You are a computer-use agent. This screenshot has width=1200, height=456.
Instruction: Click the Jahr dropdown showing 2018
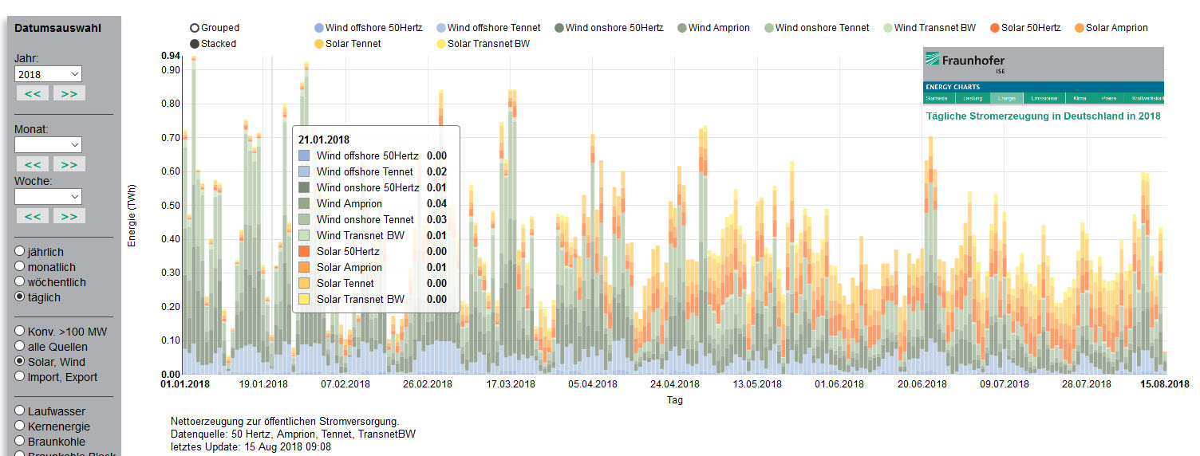tap(48, 74)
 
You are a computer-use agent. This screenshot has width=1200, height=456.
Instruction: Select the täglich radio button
tap(20, 297)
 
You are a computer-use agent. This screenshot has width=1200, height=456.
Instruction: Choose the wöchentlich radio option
tap(20, 282)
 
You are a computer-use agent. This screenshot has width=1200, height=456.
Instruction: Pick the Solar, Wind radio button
tap(20, 362)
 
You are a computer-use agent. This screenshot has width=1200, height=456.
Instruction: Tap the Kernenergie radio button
tap(20, 427)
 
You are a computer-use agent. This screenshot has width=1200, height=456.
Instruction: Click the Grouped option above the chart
tap(195, 28)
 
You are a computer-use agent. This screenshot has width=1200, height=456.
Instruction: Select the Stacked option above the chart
tap(195, 44)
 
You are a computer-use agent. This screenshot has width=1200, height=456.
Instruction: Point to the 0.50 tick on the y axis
tap(170, 205)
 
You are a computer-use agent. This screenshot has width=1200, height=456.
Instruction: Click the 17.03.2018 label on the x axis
tap(511, 384)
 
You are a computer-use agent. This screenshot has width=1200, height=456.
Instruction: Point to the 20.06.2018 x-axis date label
tap(922, 384)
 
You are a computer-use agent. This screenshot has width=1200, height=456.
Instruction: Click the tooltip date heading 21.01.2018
tap(324, 140)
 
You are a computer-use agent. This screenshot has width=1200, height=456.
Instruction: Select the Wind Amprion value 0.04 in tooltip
tap(436, 203)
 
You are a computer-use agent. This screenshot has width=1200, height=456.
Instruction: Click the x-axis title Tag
tap(674, 400)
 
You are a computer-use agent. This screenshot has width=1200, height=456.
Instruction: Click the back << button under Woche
tap(32, 216)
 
